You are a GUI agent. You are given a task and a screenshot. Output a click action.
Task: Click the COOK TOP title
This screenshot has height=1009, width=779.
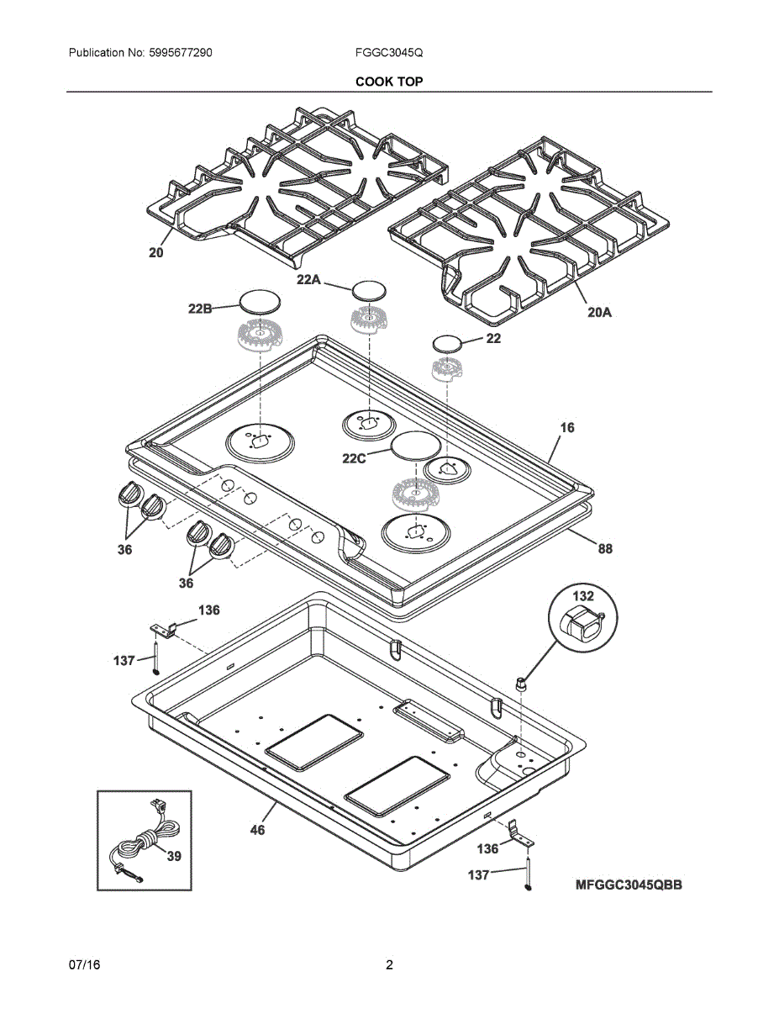pos(389,82)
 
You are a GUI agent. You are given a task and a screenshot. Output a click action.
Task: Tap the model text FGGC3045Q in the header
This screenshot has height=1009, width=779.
pos(389,53)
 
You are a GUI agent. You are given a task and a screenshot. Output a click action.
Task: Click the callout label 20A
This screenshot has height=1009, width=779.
pos(599,312)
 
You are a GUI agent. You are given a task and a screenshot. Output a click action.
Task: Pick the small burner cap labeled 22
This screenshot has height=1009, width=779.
pos(447,343)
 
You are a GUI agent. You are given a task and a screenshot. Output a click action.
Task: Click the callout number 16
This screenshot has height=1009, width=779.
pos(567,428)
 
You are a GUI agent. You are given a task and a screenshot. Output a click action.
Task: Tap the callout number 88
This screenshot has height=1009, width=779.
pos(605,549)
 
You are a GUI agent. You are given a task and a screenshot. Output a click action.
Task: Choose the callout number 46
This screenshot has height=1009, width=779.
pos(258,830)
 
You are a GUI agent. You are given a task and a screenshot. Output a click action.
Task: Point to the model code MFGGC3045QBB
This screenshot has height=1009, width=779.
pos(629,885)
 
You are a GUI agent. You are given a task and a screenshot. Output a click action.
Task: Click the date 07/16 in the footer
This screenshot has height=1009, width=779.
pos(85,964)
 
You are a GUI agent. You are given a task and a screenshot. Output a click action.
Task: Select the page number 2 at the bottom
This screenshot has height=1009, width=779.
pos(389,964)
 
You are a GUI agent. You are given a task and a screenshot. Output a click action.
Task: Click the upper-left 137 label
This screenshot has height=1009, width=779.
pos(124,661)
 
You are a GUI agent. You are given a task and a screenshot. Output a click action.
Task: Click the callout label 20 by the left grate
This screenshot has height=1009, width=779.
pos(156,251)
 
